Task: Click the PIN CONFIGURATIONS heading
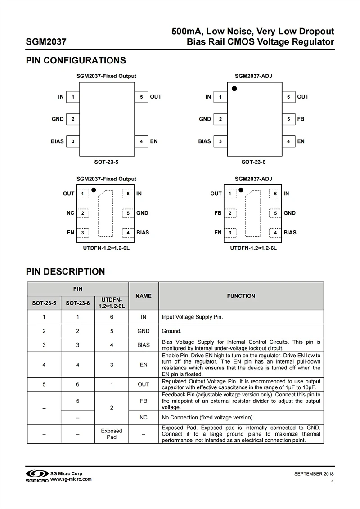76,61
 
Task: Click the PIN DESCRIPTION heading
65,272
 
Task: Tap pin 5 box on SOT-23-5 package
141,97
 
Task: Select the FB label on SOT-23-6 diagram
301,119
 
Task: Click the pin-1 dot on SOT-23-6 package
234,89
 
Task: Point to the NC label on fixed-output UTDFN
70,213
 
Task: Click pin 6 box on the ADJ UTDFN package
275,194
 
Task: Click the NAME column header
144,296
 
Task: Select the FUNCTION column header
241,296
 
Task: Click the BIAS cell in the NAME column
144,345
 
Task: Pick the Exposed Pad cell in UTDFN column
112,434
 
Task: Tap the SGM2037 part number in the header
46,42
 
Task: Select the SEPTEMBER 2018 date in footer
314,474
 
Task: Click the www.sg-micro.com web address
71,479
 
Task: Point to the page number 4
332,482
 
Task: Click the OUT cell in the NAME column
144,384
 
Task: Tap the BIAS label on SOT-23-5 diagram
57,141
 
